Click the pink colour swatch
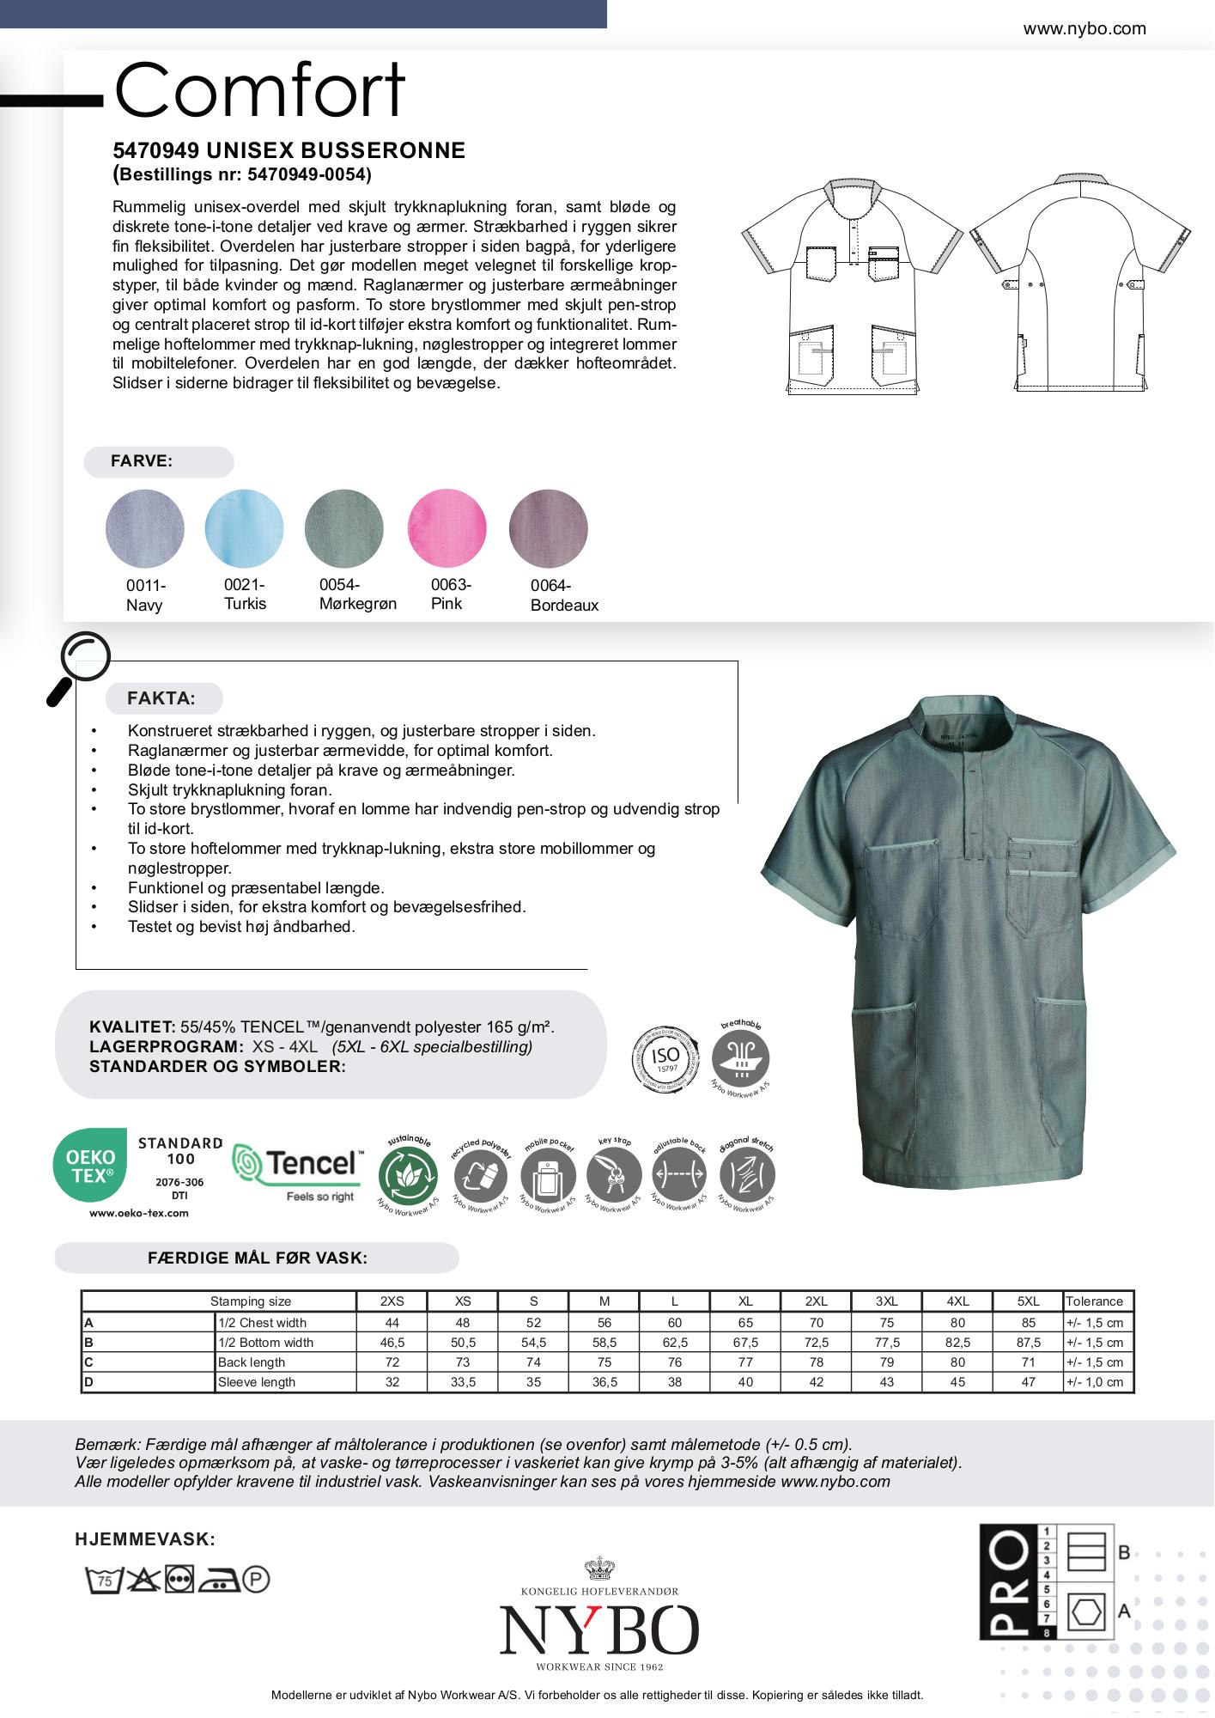coord(447,528)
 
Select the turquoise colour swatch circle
coord(244,528)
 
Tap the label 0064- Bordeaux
coord(563,595)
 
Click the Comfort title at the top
coord(259,90)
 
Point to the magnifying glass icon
coord(79,667)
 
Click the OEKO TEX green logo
coord(90,1165)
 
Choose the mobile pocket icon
coord(548,1175)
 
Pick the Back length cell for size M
coord(604,1362)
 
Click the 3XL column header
coord(887,1301)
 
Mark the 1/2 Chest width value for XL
coord(745,1323)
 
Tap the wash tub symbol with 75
coord(104,1580)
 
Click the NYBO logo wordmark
coord(599,1630)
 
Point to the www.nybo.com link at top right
coord(1084,28)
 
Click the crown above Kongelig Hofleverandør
coord(599,1569)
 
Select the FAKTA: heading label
coord(161,698)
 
